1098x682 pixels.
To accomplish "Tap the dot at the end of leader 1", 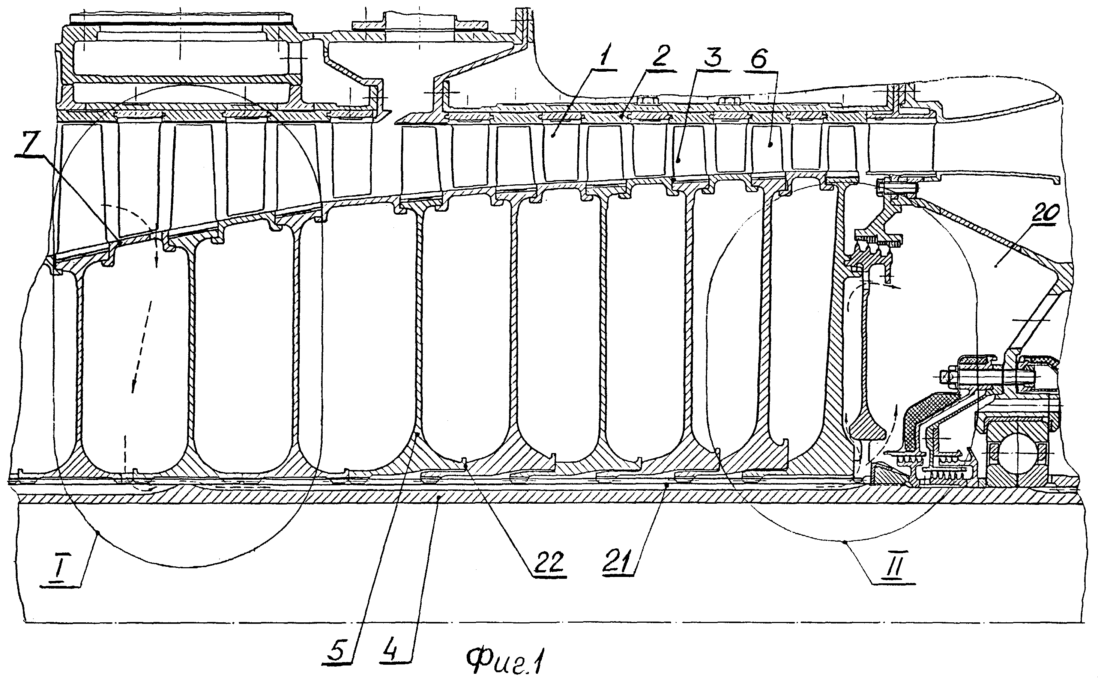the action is (x=554, y=134).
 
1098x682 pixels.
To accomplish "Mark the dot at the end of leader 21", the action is (x=667, y=485).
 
